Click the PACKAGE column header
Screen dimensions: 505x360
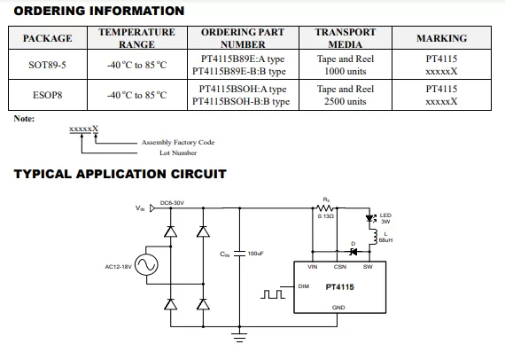point(47,38)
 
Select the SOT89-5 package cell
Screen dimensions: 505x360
point(47,65)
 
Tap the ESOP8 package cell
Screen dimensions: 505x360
point(47,95)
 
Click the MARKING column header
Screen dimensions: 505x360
point(441,38)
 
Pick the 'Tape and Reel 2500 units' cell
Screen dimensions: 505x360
point(346,95)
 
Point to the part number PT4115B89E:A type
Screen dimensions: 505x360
point(243,59)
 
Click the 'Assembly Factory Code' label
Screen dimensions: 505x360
point(178,142)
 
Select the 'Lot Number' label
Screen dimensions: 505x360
point(178,153)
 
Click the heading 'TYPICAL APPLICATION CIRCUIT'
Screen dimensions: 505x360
point(120,174)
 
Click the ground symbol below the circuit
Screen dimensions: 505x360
point(239,337)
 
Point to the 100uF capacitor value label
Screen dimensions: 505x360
point(255,254)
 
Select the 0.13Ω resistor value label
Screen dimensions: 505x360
point(326,216)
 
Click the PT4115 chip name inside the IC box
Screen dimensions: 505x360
point(340,286)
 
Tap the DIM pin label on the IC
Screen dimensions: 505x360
point(303,286)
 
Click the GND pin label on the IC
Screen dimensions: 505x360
point(338,308)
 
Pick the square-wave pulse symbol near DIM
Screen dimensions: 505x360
point(273,294)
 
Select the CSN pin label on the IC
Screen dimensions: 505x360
point(340,267)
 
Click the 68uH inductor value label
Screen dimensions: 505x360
point(385,240)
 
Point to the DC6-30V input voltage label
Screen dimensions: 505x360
point(172,203)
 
